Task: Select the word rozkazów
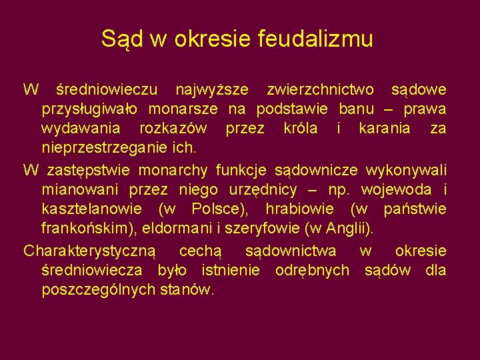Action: pos(173,127)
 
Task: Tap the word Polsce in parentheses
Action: pos(218,209)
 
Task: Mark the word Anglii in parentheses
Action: pos(356,229)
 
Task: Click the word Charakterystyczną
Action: pos(89,251)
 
